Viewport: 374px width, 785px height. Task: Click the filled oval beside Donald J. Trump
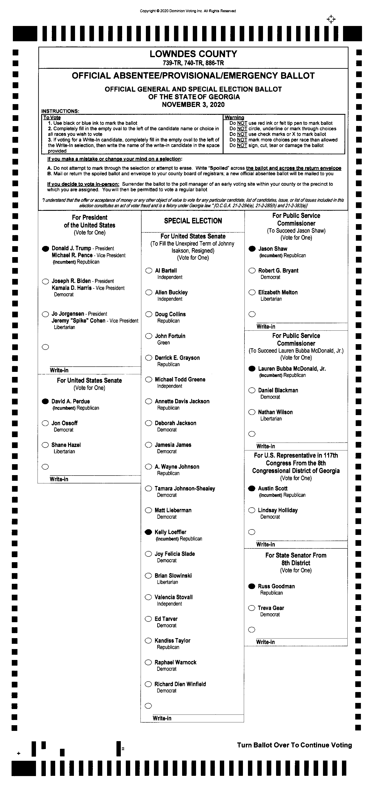(45, 249)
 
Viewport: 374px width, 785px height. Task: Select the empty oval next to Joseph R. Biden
(45, 281)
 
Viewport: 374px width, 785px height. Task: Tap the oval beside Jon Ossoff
(45, 423)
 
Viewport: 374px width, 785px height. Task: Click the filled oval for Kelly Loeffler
(148, 532)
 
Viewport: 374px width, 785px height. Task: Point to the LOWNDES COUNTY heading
(193, 54)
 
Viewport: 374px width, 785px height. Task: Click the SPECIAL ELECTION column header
(193, 221)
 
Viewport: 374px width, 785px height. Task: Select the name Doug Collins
(170, 314)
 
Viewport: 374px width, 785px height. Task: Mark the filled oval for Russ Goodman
(252, 586)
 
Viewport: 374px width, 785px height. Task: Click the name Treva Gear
(271, 608)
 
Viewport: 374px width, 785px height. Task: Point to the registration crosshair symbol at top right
(331, 19)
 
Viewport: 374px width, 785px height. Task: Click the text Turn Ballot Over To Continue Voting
(294, 745)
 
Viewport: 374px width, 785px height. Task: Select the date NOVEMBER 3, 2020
(193, 105)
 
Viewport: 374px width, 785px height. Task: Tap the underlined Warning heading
(234, 118)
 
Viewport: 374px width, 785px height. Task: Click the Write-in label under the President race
(59, 370)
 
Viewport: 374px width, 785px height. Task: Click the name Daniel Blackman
(278, 390)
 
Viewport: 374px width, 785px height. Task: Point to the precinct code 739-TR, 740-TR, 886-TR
(193, 63)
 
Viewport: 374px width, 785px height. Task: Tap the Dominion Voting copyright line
(188, 11)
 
